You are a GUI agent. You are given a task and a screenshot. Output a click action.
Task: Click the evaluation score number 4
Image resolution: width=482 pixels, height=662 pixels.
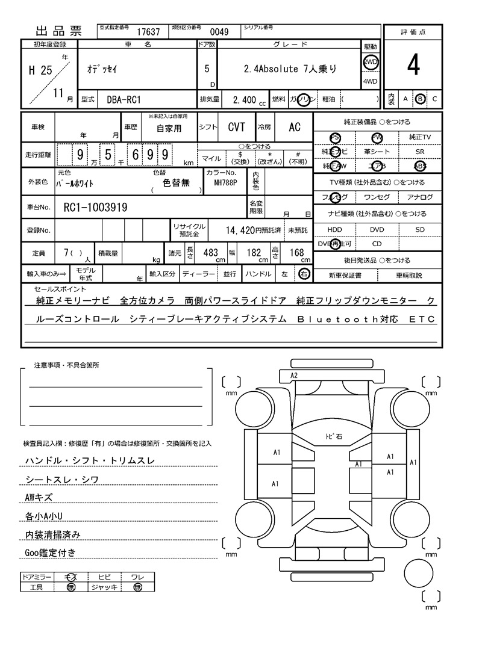tap(413, 66)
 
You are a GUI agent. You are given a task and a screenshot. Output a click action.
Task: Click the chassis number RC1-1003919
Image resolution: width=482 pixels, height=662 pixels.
tap(95, 208)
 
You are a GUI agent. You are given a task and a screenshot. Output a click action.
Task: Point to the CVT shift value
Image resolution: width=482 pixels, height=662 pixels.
tap(236, 127)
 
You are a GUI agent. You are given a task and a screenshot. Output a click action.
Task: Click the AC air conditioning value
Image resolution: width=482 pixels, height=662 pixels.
tap(295, 127)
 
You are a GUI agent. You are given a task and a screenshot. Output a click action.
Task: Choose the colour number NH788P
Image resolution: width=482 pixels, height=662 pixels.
tap(222, 183)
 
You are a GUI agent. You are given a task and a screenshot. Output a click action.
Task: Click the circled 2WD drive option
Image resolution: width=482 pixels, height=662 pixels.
tap(370, 61)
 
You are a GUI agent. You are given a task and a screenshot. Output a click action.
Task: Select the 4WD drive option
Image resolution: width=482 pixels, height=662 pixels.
tap(370, 82)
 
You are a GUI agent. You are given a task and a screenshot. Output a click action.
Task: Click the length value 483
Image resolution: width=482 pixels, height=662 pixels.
tap(210, 253)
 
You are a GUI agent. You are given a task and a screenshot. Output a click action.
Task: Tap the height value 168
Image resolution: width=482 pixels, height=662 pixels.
tap(296, 253)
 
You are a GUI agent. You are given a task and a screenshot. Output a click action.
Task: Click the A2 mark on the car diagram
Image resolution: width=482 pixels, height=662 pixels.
tap(294, 375)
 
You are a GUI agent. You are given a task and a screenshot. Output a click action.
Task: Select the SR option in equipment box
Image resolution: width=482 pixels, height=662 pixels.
tap(420, 152)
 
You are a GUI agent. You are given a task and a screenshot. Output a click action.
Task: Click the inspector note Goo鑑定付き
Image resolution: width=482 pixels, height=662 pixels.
tap(50, 552)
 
